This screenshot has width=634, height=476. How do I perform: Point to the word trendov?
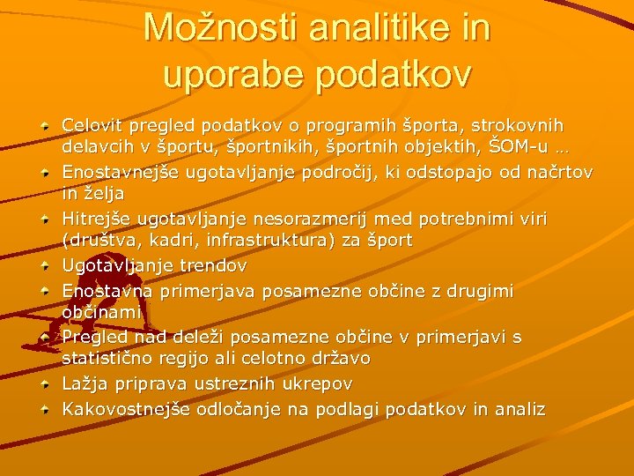point(214,264)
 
